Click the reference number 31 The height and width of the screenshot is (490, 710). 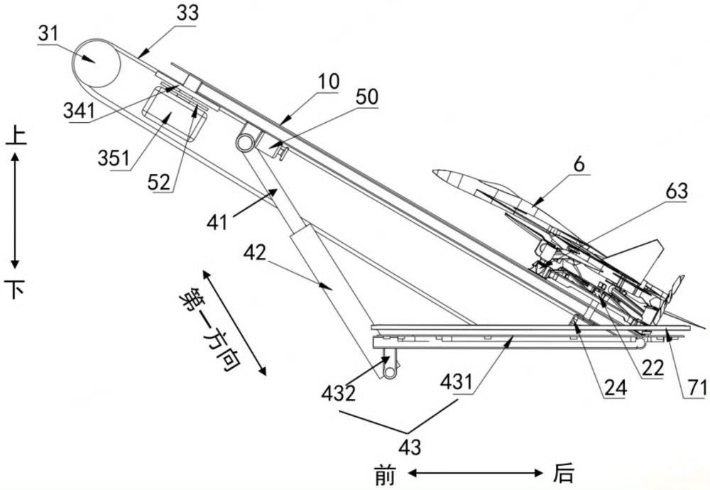pyautogui.click(x=48, y=33)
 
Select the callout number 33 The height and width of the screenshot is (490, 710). pyautogui.click(x=187, y=13)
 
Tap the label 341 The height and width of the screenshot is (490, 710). pyautogui.click(x=80, y=111)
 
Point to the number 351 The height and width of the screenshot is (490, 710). pyautogui.click(x=114, y=158)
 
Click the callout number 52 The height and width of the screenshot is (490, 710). pyautogui.click(x=159, y=182)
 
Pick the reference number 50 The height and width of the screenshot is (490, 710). pyautogui.click(x=367, y=97)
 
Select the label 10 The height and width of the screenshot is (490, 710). pyautogui.click(x=328, y=82)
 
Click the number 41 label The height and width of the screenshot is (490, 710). pyautogui.click(x=217, y=223)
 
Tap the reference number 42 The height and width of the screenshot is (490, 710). pyautogui.click(x=255, y=253)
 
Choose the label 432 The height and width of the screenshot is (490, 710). pyautogui.click(x=339, y=393)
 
